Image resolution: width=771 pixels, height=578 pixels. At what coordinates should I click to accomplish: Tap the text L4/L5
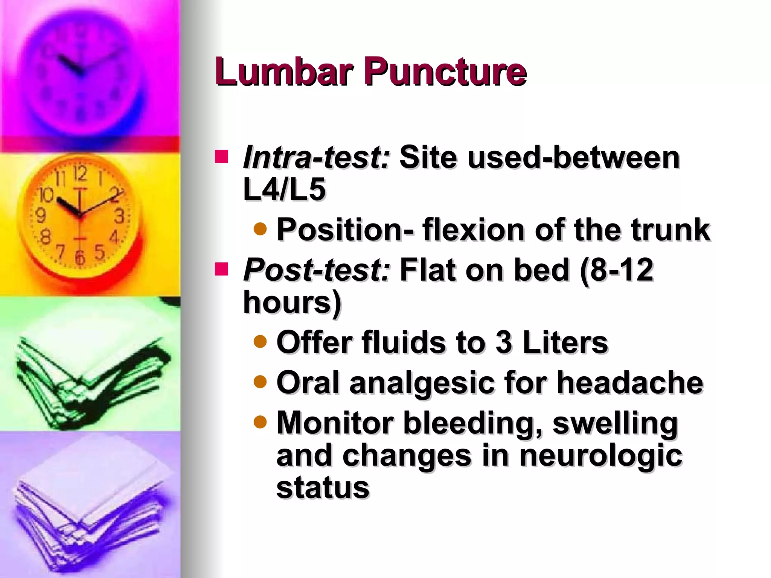pyautogui.click(x=284, y=189)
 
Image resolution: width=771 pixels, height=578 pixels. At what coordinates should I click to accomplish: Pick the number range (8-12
pyautogui.click(x=617, y=270)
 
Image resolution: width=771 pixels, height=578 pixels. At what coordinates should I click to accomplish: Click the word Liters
pyautogui.click(x=565, y=342)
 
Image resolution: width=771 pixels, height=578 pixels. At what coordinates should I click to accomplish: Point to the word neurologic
pyautogui.click(x=600, y=455)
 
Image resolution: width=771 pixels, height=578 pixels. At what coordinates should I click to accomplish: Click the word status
pyautogui.click(x=323, y=488)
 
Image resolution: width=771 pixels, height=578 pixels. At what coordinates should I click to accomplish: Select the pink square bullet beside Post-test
pyautogui.click(x=222, y=269)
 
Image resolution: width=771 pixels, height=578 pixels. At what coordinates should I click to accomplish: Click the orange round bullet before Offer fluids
pyautogui.click(x=260, y=342)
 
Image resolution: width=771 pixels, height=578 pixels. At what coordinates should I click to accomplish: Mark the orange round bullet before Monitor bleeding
pyautogui.click(x=260, y=422)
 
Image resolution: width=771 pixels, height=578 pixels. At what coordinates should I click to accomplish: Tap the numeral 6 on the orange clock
pyautogui.click(x=79, y=258)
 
